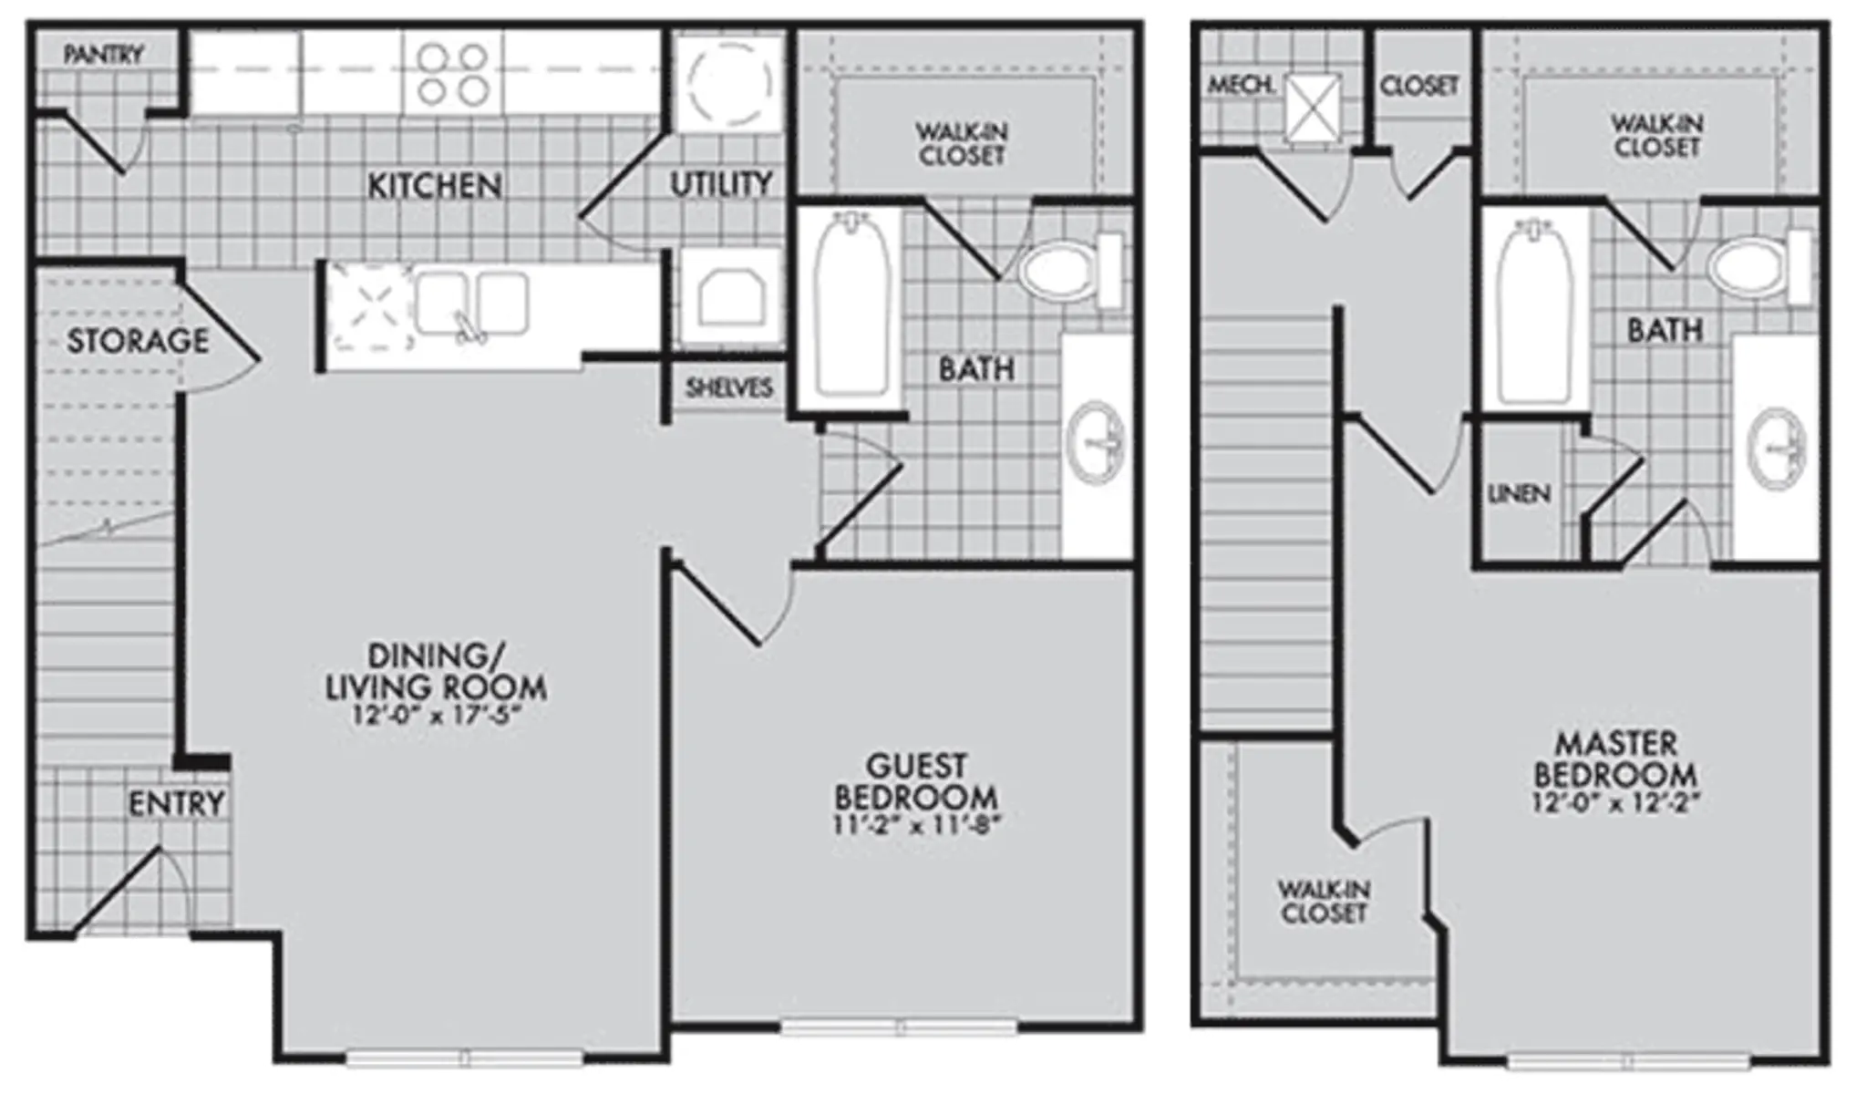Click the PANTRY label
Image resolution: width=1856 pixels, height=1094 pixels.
point(104,55)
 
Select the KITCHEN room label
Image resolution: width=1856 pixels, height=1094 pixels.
point(434,186)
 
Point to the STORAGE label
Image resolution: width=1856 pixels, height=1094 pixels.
point(138,340)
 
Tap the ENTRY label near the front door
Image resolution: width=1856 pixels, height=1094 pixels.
point(176,803)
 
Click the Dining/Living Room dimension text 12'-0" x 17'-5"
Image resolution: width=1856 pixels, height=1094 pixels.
point(436,714)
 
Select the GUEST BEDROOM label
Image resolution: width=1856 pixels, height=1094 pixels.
point(916,781)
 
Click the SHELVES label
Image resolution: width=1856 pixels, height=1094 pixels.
point(729,387)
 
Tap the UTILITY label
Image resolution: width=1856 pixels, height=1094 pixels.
point(721,184)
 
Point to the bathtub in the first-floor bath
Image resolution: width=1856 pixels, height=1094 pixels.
point(851,305)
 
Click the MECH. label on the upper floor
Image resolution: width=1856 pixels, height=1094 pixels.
point(1241,86)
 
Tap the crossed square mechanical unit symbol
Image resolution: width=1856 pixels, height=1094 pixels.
point(1313,108)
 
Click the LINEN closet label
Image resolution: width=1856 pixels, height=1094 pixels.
point(1519,494)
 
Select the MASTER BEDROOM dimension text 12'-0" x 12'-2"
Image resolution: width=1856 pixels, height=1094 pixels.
point(1616,803)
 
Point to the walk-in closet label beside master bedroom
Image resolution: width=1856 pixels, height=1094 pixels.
point(1324,901)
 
